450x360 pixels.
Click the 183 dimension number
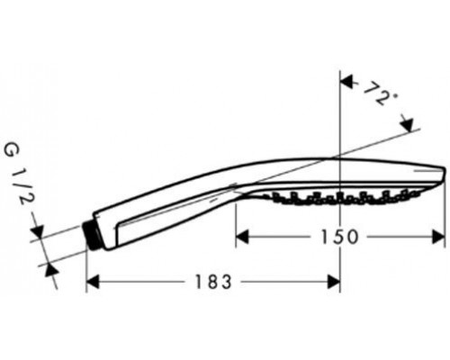(x=213, y=282)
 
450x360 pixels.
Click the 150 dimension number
(x=339, y=237)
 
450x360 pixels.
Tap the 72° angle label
(x=381, y=94)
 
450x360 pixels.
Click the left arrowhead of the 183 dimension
(x=93, y=282)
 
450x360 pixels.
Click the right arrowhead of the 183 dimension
(x=334, y=282)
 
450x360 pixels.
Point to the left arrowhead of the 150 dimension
(x=242, y=237)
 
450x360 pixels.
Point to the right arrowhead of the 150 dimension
(x=438, y=237)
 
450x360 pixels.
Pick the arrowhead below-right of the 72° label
(x=408, y=124)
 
